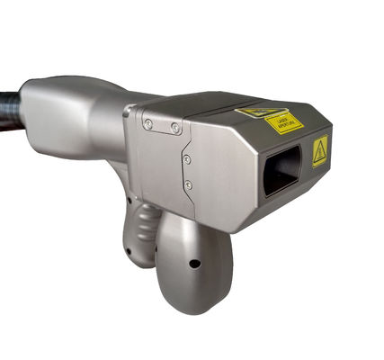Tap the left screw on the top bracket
pyautogui.click(x=148, y=125)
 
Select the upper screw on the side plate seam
pyautogui.click(x=187, y=159)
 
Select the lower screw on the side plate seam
pyautogui.click(x=188, y=184)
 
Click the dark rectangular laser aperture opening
pyautogui.click(x=281, y=171)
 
